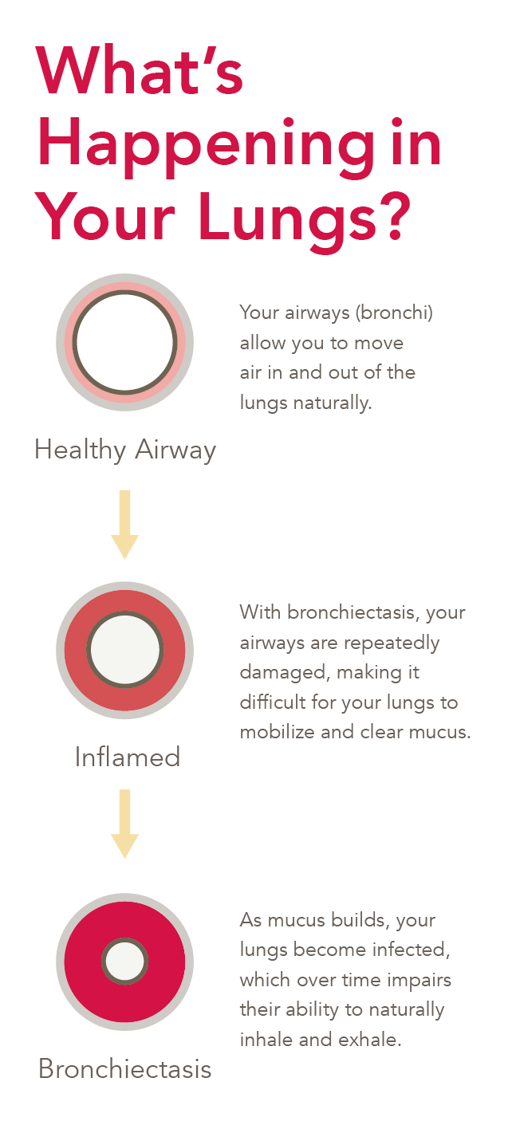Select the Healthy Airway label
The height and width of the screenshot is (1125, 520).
[x=125, y=450]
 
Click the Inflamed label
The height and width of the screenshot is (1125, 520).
[x=128, y=756]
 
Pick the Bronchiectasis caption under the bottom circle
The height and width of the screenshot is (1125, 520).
[x=125, y=1068]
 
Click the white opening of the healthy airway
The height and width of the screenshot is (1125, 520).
[x=124, y=342]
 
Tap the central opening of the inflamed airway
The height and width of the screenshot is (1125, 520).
[x=124, y=650]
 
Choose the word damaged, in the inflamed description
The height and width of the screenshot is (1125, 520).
[x=284, y=672]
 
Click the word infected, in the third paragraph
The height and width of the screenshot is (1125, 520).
[x=404, y=950]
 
